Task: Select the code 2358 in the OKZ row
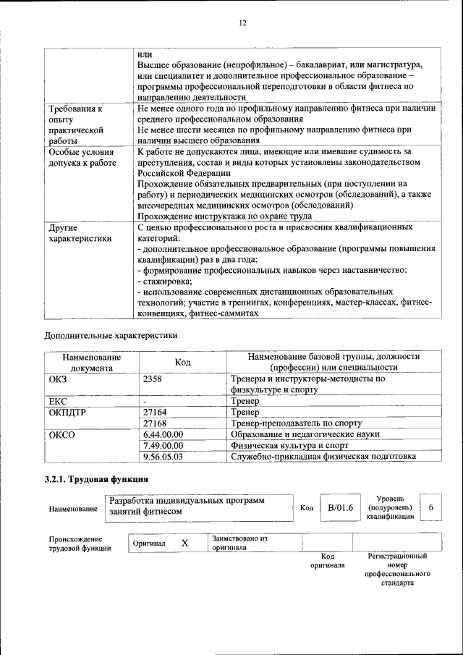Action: click(x=153, y=379)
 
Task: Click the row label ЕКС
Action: click(x=58, y=400)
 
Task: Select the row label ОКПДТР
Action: click(x=67, y=412)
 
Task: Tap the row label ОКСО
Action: click(x=61, y=434)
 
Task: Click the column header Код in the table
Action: click(x=182, y=362)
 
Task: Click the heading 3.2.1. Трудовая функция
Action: click(x=97, y=479)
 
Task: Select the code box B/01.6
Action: click(x=339, y=508)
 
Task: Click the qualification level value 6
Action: click(x=431, y=508)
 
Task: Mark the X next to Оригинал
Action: click(x=184, y=543)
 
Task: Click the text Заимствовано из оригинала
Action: click(x=239, y=543)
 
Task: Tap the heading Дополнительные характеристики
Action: click(x=111, y=335)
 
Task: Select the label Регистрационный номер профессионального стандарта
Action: click(x=397, y=569)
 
